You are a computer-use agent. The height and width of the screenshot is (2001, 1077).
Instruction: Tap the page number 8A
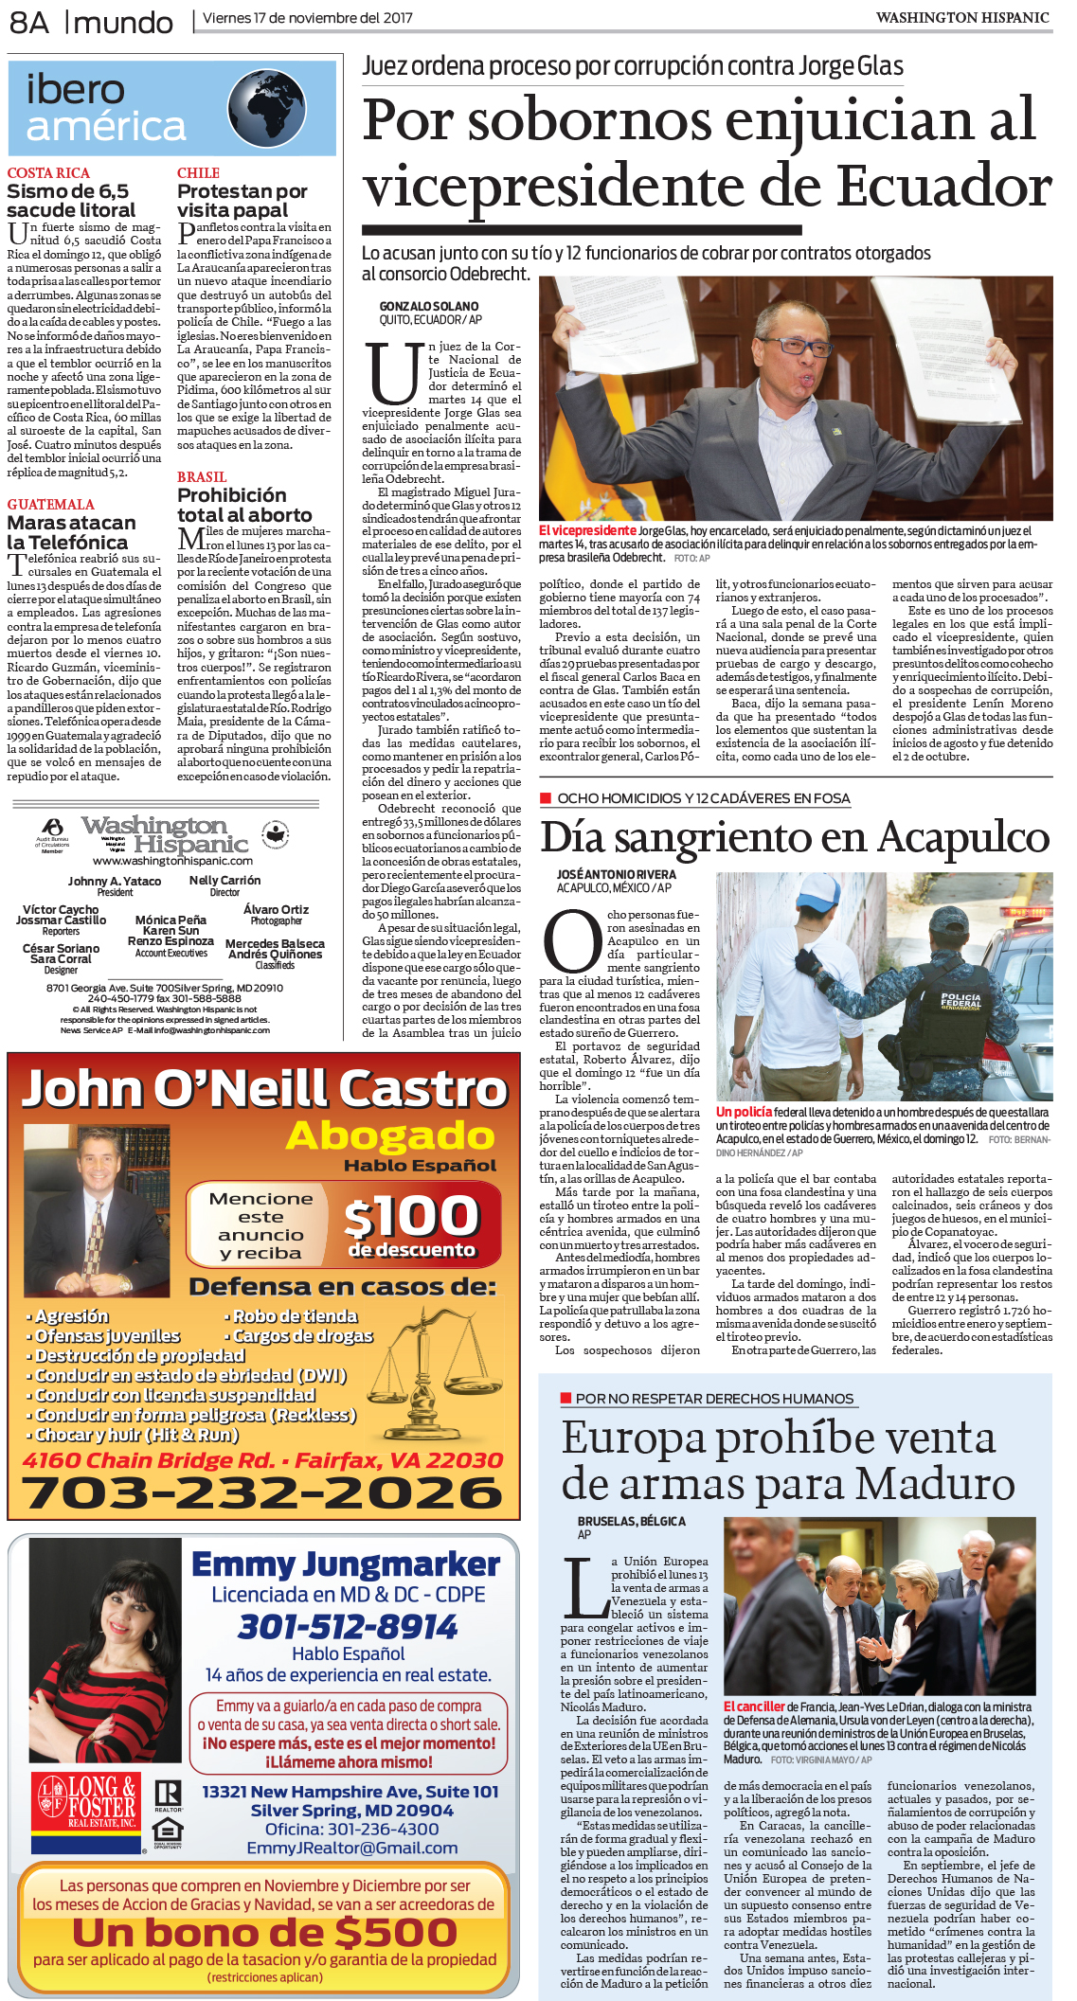tap(29, 22)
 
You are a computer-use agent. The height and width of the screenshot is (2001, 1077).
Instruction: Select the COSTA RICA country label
tap(48, 173)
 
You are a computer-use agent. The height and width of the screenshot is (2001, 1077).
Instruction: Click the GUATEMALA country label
tap(51, 505)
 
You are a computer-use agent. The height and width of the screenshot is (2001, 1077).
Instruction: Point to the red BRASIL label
tap(202, 477)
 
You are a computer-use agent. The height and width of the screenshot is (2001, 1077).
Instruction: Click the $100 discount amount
tap(411, 1216)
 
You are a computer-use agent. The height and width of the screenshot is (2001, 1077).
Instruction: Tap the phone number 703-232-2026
tap(263, 1493)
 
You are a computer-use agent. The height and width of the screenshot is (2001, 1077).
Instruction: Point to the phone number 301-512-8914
tap(348, 1627)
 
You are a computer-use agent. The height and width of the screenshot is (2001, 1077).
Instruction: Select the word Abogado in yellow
tap(390, 1134)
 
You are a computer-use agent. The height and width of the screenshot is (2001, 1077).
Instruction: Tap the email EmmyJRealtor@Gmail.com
tap(351, 1848)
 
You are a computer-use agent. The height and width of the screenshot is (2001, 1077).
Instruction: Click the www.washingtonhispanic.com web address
tap(172, 861)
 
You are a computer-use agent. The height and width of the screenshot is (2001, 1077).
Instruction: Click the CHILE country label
tap(198, 173)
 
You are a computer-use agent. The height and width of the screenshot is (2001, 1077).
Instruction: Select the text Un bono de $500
tap(264, 1932)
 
